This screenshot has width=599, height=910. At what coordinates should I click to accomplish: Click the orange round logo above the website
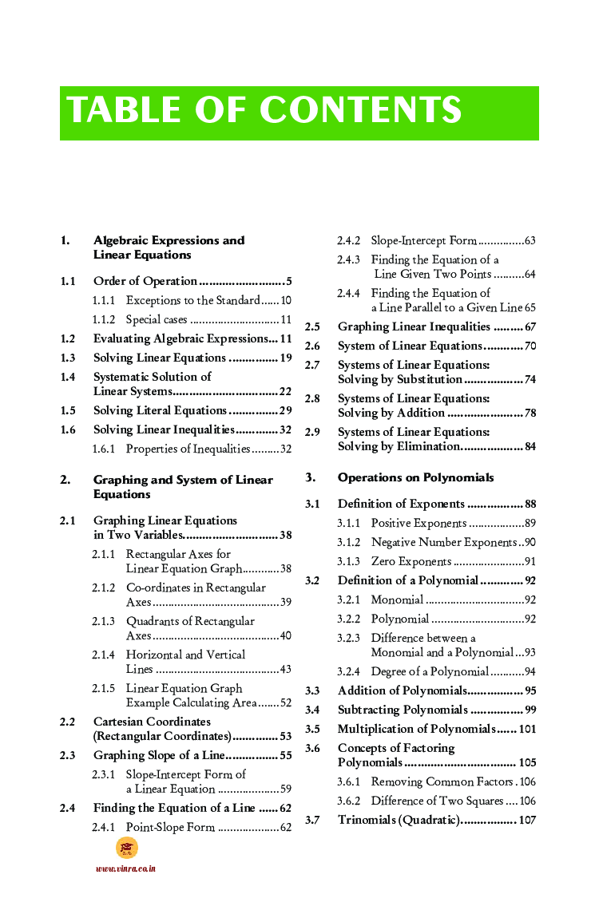[x=126, y=848]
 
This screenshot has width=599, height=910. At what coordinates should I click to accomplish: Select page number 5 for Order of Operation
[x=288, y=281]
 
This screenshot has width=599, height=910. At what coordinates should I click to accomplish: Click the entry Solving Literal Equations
[x=160, y=410]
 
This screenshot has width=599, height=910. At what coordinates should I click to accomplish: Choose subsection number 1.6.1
[x=103, y=449]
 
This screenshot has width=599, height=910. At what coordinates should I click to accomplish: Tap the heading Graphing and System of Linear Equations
[x=183, y=487]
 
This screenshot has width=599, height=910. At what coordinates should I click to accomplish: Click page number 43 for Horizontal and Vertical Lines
[x=285, y=669]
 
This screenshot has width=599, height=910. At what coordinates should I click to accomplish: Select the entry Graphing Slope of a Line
[x=159, y=755]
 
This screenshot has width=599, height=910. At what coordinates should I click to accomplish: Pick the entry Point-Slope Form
[x=170, y=827]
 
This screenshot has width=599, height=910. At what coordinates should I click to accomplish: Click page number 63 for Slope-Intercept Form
[x=530, y=240]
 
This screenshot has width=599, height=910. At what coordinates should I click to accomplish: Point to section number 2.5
[x=312, y=326]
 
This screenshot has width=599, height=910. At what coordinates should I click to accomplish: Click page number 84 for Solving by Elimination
[x=530, y=446]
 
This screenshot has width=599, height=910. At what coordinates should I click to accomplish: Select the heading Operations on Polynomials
[x=415, y=477]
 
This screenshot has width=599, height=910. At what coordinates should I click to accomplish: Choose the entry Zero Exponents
[x=411, y=561]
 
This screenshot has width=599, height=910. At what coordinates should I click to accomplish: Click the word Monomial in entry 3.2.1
[x=397, y=599]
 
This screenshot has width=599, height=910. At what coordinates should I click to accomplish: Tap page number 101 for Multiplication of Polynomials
[x=527, y=729]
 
